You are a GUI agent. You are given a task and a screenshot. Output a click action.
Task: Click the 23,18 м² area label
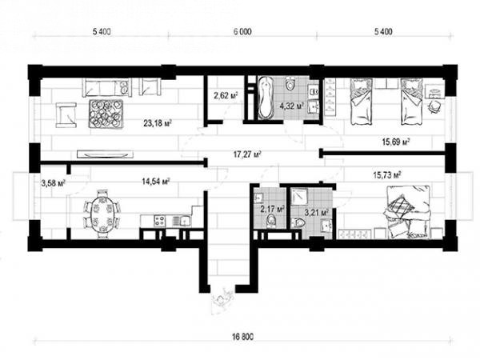157,123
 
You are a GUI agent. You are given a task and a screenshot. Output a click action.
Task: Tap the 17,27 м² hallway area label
247,154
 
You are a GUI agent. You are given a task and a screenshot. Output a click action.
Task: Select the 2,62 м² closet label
226,96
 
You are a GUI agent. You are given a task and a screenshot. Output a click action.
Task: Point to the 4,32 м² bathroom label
292,106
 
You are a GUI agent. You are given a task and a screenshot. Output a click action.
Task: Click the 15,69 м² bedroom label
396,142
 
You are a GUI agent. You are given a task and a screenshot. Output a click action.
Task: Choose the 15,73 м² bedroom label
387,175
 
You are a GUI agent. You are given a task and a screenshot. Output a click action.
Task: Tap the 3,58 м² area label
54,184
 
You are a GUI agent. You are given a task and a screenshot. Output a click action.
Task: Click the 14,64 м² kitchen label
156,182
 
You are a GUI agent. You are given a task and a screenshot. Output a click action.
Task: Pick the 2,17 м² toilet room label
272,210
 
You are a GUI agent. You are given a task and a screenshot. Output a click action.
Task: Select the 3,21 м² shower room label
317,211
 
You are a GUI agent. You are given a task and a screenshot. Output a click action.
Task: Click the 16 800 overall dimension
243,337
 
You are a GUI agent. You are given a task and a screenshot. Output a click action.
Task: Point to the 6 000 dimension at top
242,31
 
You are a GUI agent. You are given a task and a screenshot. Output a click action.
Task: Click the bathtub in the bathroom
266,98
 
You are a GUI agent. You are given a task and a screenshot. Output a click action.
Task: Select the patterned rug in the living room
106,114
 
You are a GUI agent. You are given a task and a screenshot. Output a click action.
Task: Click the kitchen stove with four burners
159,221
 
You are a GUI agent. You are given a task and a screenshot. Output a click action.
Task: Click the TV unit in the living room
105,154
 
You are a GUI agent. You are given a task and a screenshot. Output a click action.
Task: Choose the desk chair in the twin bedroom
434,106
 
